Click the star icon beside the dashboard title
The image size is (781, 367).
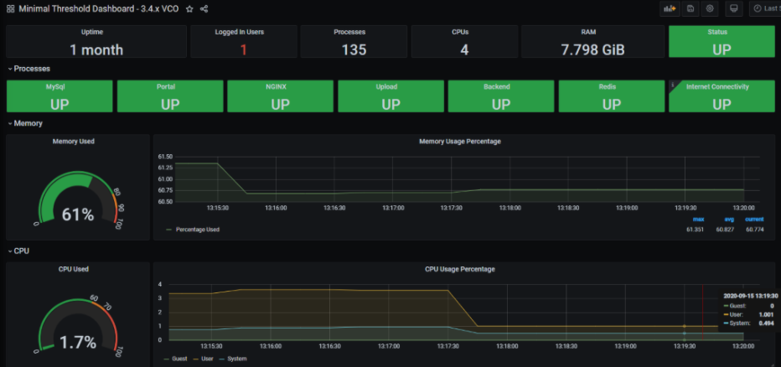pyautogui.click(x=189, y=9)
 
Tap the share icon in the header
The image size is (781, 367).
pyautogui.click(x=204, y=9)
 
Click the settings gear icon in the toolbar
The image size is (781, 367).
pyautogui.click(x=710, y=8)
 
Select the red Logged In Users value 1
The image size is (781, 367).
pyautogui.click(x=244, y=49)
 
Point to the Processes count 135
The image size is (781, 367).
pyautogui.click(x=354, y=49)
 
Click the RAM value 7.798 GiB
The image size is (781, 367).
pyautogui.click(x=592, y=49)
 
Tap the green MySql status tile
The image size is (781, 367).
pyautogui.click(x=59, y=96)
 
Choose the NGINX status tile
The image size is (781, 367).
pyautogui.click(x=281, y=96)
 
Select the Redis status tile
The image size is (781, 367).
pyautogui.click(x=612, y=96)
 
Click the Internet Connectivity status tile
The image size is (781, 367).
pyautogui.click(x=722, y=96)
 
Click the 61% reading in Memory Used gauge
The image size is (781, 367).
pyautogui.click(x=78, y=215)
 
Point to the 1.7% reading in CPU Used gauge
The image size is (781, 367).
pyautogui.click(x=78, y=342)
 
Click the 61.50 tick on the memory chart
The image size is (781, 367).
pyautogui.click(x=165, y=157)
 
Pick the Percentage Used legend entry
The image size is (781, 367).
pyautogui.click(x=197, y=230)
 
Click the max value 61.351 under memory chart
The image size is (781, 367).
pyautogui.click(x=696, y=230)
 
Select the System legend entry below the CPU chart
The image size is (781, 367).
pyautogui.click(x=236, y=359)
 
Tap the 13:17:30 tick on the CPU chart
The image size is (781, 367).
pyautogui.click(x=448, y=347)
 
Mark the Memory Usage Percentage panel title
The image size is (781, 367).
pyautogui.click(x=460, y=142)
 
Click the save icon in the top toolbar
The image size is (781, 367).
pyautogui.click(x=690, y=8)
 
